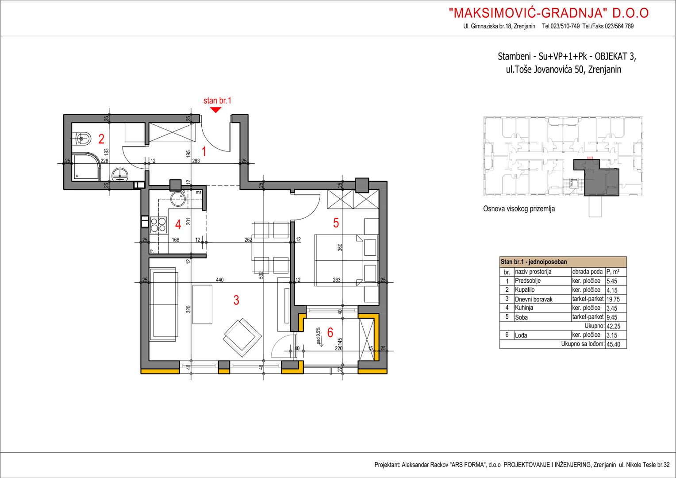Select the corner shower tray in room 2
pos(86,167)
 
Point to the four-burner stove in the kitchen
pos(158,224)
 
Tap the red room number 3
pos(236,300)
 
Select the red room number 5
pos(336,223)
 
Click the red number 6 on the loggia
pos(330,332)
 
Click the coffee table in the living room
pos(202,304)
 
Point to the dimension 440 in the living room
pos(220,280)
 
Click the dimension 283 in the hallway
pos(196,161)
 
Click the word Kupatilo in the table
pos(525,289)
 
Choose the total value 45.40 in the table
pos(613,344)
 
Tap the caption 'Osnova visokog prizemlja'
pos(519,208)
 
